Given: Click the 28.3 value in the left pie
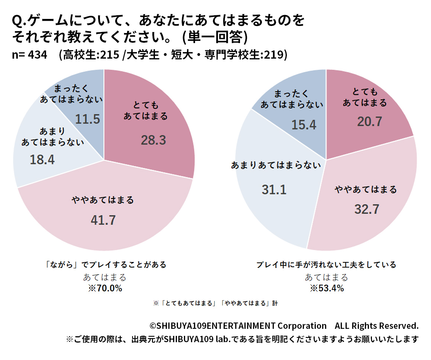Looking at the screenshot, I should pos(153,140).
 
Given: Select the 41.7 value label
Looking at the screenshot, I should pos(103,220).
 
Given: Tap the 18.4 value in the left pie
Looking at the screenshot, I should pos(42,160).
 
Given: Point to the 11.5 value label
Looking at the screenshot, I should pos(88,119).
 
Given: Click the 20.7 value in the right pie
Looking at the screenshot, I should pos(369,121).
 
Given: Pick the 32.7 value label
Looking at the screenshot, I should pos(366,209).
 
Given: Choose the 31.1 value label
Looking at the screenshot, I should pos(274,190).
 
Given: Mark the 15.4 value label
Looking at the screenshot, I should pos(304,125).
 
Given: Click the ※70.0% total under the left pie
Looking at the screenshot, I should pos(105,288).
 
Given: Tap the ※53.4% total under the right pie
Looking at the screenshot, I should pos(327,288).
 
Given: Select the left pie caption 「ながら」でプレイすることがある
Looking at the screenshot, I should pos(104,265).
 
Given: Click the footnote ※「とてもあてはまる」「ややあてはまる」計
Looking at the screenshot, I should pos(215,303).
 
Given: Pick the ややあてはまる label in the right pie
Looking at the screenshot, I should pos(366,190).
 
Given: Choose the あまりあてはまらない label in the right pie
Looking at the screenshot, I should pos(276,165).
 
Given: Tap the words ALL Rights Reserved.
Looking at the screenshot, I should pos(376,326).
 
